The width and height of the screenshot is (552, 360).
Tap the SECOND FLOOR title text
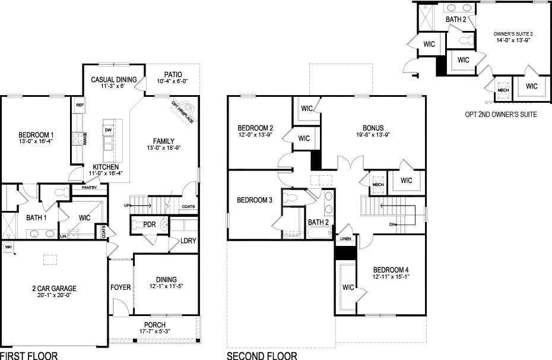point(262,356)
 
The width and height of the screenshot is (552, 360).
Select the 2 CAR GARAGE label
point(55,289)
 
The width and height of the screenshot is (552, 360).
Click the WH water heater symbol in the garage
point(8,246)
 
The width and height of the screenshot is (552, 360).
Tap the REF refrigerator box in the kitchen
point(79,105)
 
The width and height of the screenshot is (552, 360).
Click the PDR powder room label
point(150,225)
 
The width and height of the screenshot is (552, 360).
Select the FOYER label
point(120,288)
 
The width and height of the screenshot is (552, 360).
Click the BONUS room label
point(373,128)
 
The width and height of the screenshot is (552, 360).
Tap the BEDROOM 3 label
point(254,200)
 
